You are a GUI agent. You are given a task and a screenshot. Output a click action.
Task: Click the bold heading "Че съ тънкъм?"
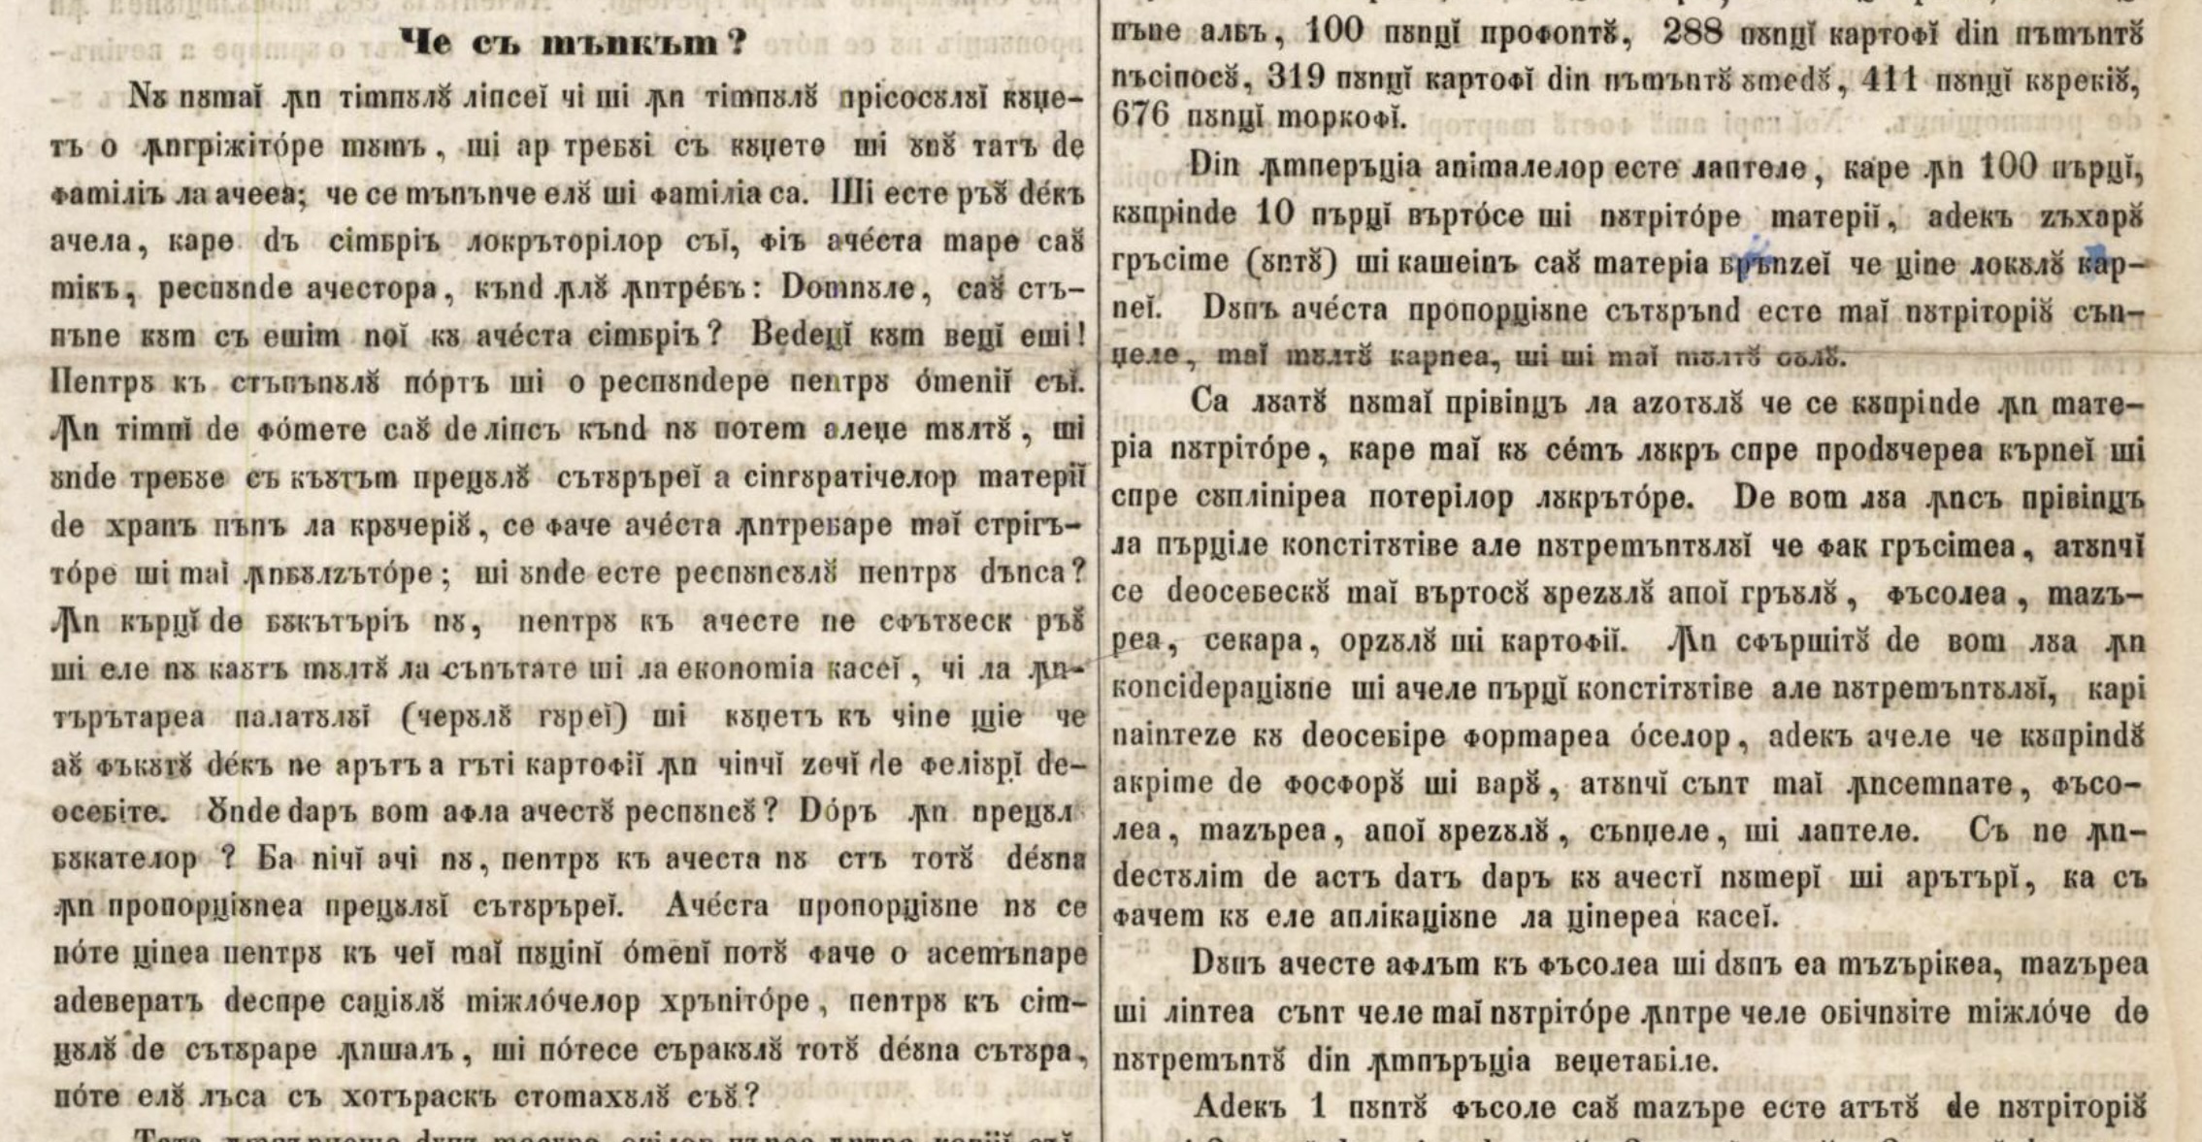point(573,44)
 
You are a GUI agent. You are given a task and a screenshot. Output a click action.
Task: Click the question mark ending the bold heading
point(737,44)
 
